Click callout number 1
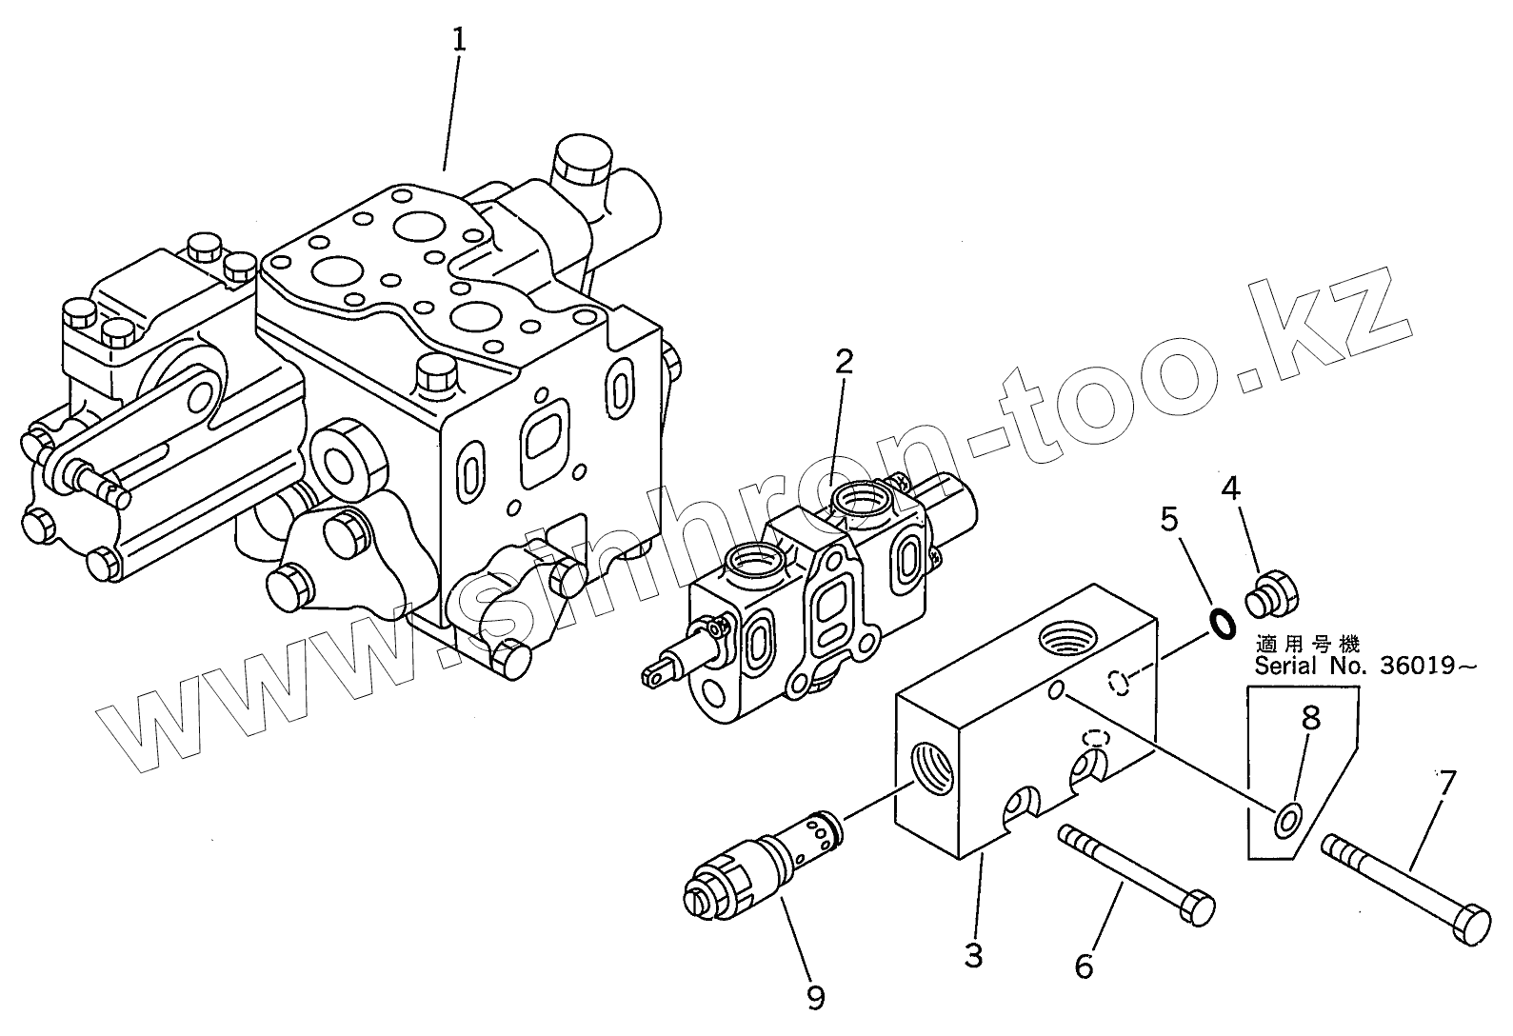459,40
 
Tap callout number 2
844,362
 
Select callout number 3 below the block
972,954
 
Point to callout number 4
1231,488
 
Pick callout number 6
1084,966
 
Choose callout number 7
1446,783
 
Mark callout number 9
815,996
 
